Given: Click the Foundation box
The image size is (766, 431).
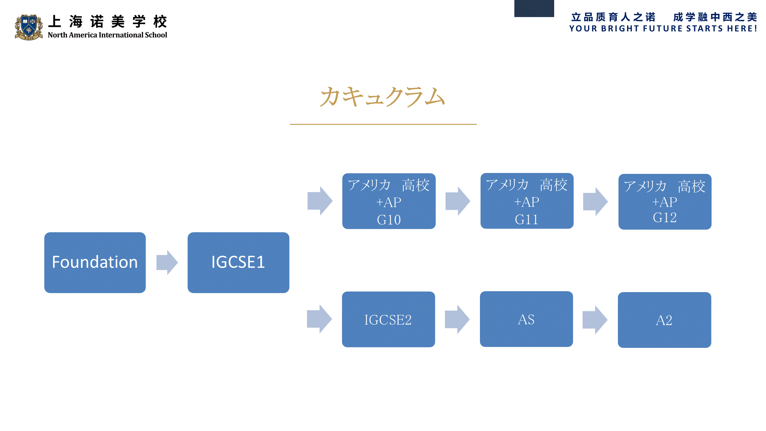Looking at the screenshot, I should tap(95, 262).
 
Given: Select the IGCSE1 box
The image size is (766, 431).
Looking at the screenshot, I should tap(238, 262).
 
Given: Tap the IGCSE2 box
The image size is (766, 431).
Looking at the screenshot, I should tap(388, 319).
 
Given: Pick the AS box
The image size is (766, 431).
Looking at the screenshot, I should tap(526, 319).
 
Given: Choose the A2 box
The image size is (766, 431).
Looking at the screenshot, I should tap(664, 320).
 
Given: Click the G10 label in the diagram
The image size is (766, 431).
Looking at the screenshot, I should tap(389, 220).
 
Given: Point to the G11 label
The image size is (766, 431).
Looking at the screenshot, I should tap(527, 220).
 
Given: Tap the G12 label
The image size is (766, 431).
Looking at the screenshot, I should tap(665, 218).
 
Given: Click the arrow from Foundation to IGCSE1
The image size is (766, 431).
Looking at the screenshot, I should tap(167, 262).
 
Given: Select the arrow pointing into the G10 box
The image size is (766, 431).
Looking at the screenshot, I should tap(320, 201).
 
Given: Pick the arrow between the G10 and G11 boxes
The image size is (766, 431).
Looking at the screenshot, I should tap(458, 201).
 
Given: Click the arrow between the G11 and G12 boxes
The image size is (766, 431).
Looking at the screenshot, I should tap(595, 201).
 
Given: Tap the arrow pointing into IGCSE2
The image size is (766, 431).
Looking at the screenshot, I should tap(319, 319).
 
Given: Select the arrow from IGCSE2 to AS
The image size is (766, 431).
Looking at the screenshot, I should tap(457, 319).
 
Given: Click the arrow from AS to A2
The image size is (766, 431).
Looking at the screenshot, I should tap(595, 320).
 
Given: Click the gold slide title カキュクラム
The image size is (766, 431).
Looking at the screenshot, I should tap(382, 97).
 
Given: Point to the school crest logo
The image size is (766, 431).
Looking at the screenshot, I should tap(29, 27).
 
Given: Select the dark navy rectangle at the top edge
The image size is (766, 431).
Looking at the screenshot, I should tap(534, 8).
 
